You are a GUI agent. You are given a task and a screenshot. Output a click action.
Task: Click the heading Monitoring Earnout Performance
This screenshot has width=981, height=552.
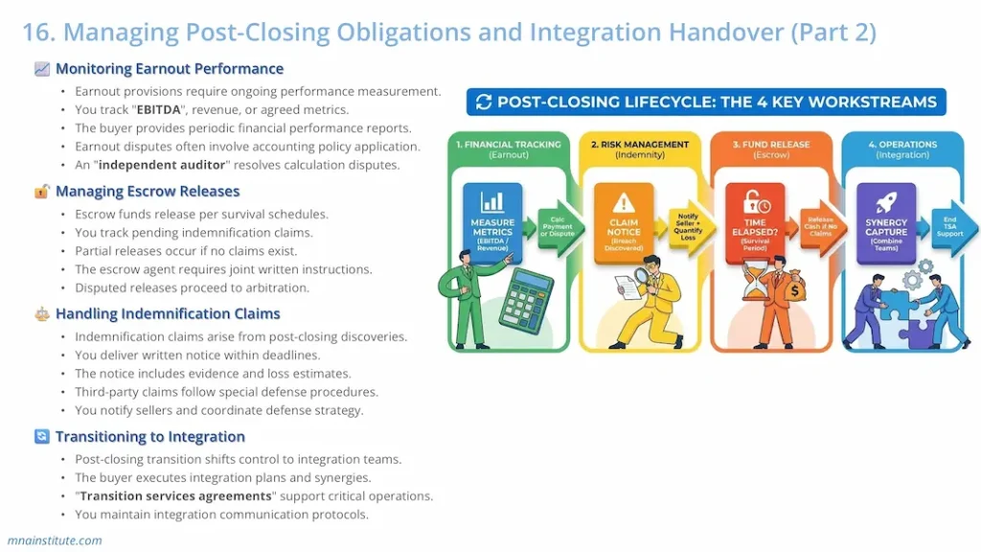click(x=169, y=69)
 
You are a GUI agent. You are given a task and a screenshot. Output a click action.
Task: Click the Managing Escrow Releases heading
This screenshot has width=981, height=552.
click(x=148, y=192)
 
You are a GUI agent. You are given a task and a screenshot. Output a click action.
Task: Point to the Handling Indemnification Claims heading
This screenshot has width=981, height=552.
click(x=168, y=314)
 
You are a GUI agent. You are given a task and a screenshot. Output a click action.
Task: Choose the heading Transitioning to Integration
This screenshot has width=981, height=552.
click(x=149, y=437)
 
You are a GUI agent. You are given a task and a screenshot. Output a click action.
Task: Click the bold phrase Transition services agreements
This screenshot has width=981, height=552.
click(x=175, y=496)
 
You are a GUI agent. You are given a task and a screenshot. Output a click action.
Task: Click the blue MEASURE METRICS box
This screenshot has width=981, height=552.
click(x=492, y=223)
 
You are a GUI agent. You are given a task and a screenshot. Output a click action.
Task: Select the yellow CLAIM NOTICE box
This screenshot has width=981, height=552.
click(x=624, y=222)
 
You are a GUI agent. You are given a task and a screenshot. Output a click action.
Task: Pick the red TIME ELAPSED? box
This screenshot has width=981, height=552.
click(x=756, y=222)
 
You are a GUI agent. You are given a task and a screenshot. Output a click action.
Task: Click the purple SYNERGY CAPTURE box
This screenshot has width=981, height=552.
click(x=886, y=222)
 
